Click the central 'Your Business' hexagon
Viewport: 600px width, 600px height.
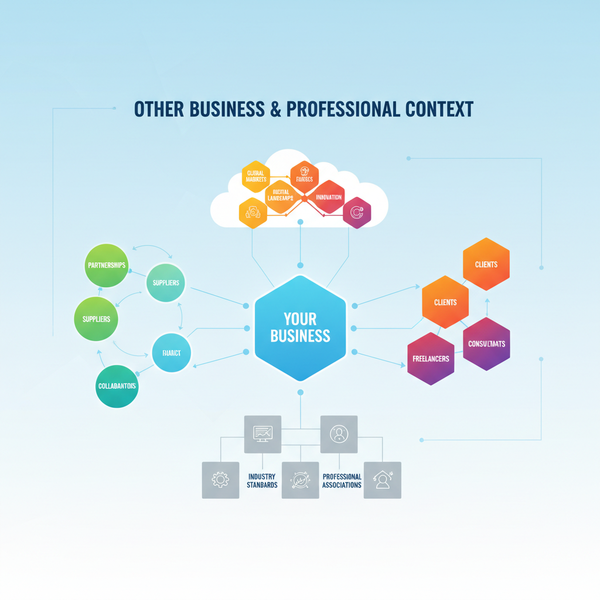(x=300, y=328)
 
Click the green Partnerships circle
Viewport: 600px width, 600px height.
(x=106, y=265)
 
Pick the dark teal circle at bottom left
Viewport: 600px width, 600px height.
(x=117, y=386)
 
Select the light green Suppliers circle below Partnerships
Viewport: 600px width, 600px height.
(x=96, y=319)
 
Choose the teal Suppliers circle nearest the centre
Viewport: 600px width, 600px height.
(x=165, y=283)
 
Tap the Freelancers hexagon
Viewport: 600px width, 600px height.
(x=431, y=359)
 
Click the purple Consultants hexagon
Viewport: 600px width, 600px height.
(x=486, y=344)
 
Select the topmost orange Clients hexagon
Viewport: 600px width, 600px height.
(x=486, y=264)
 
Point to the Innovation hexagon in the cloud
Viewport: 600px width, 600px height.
(x=328, y=197)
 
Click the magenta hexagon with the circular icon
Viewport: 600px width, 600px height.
(x=357, y=213)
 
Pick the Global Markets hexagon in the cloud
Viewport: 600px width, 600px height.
(x=256, y=176)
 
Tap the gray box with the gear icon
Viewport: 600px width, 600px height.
(x=220, y=480)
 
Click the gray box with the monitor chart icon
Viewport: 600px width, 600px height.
(x=262, y=434)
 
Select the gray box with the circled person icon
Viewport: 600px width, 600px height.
(x=339, y=434)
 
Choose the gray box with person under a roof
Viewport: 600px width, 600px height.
(x=383, y=480)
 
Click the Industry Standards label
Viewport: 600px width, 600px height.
(x=262, y=481)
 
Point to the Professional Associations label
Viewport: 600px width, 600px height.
(x=342, y=481)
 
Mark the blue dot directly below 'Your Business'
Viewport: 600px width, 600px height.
(x=300, y=392)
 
